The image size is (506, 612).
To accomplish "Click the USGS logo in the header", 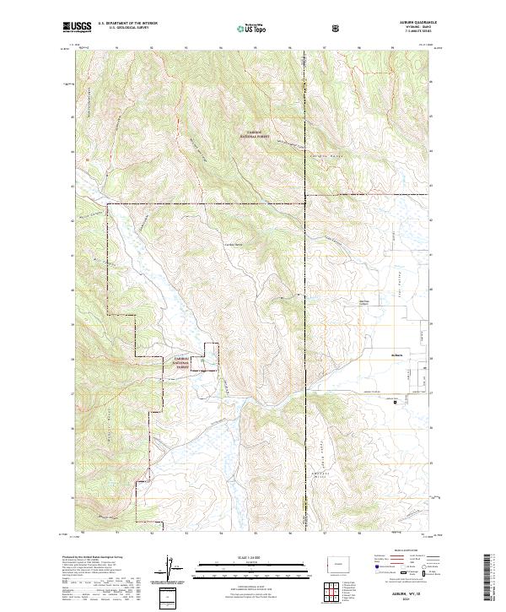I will tap(77, 28).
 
